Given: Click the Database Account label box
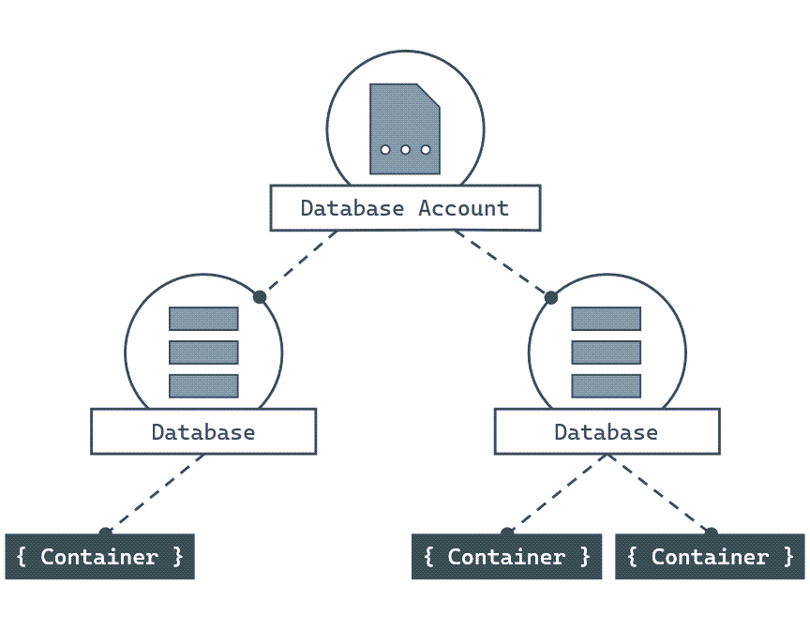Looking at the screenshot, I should click(405, 208).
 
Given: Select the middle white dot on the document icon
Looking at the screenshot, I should click(405, 150).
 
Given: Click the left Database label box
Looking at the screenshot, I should click(203, 432).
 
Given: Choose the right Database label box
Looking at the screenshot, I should click(607, 432).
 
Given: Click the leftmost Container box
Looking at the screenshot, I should click(99, 557).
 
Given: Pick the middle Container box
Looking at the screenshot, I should click(506, 557).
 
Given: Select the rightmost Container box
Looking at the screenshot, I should click(710, 557).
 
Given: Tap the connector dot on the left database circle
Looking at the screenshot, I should click(260, 297).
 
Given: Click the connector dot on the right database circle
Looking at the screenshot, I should click(551, 297).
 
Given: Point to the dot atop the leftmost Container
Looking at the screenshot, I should click(105, 533).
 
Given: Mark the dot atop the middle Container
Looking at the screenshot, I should click(507, 533).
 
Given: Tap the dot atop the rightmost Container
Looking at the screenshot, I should click(712, 533).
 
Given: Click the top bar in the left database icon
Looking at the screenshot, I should click(203, 319).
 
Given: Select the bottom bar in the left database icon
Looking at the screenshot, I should click(203, 385).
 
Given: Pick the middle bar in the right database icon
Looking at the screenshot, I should click(607, 352).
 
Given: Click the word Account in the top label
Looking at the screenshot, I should click(463, 208).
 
